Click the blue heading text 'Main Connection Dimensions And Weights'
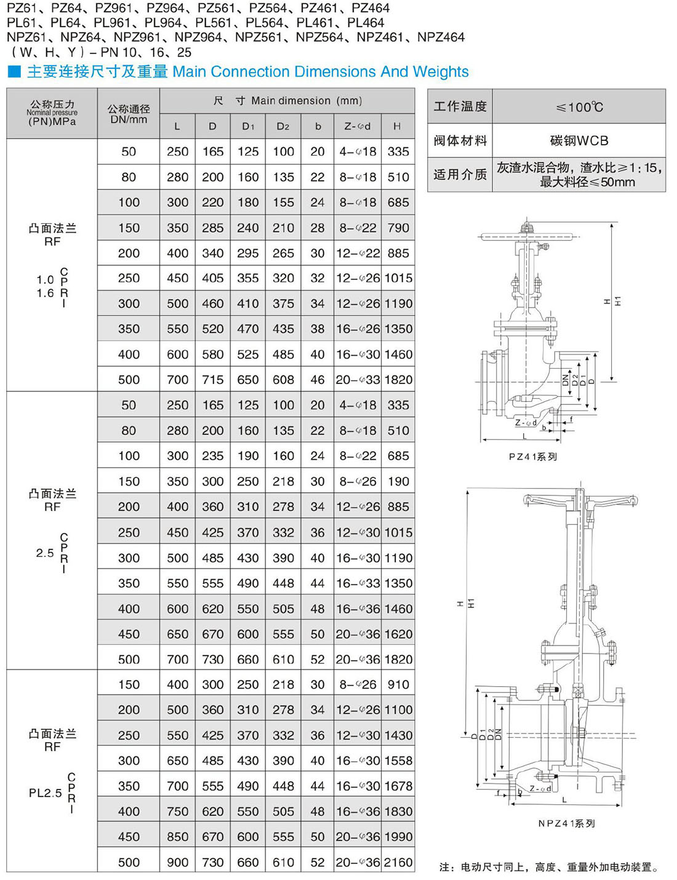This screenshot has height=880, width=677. [x=320, y=72]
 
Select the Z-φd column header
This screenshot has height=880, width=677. [x=357, y=126]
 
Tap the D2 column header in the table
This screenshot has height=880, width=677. [x=283, y=126]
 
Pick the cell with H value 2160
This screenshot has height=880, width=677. [x=398, y=862]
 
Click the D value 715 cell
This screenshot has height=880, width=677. [x=212, y=380]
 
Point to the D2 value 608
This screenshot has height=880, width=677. [x=283, y=380]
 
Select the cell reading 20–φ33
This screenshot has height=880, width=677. [x=358, y=380]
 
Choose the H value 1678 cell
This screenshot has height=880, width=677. [x=398, y=786]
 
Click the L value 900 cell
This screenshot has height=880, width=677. [x=177, y=862]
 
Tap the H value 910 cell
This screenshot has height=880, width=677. [x=398, y=684]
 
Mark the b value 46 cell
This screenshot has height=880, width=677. [x=318, y=380]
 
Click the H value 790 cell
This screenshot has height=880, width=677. [x=398, y=228]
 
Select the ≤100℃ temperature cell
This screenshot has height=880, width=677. [x=579, y=107]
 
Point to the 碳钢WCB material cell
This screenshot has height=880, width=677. [x=579, y=141]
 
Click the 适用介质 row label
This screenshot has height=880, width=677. [x=460, y=175]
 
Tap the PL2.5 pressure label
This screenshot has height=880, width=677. [x=46, y=793]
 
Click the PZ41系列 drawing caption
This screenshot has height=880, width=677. [x=533, y=457]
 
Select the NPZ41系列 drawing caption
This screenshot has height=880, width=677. [x=566, y=823]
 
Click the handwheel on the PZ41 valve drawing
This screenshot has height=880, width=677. [x=528, y=236]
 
